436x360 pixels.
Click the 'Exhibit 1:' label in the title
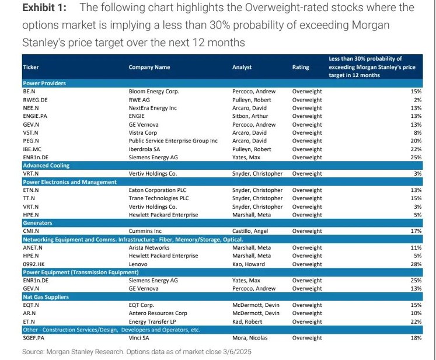44,8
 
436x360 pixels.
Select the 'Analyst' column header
242,67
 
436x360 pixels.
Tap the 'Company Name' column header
149,67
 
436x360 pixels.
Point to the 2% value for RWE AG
417,100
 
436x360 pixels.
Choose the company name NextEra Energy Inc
155,108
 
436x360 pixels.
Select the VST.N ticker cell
31,132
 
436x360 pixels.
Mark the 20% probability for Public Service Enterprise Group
416,141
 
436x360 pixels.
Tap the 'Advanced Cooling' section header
47,165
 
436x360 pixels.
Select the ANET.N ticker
33,247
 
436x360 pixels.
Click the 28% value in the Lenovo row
416,264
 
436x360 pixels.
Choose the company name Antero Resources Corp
158,313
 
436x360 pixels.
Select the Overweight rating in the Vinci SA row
307,338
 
